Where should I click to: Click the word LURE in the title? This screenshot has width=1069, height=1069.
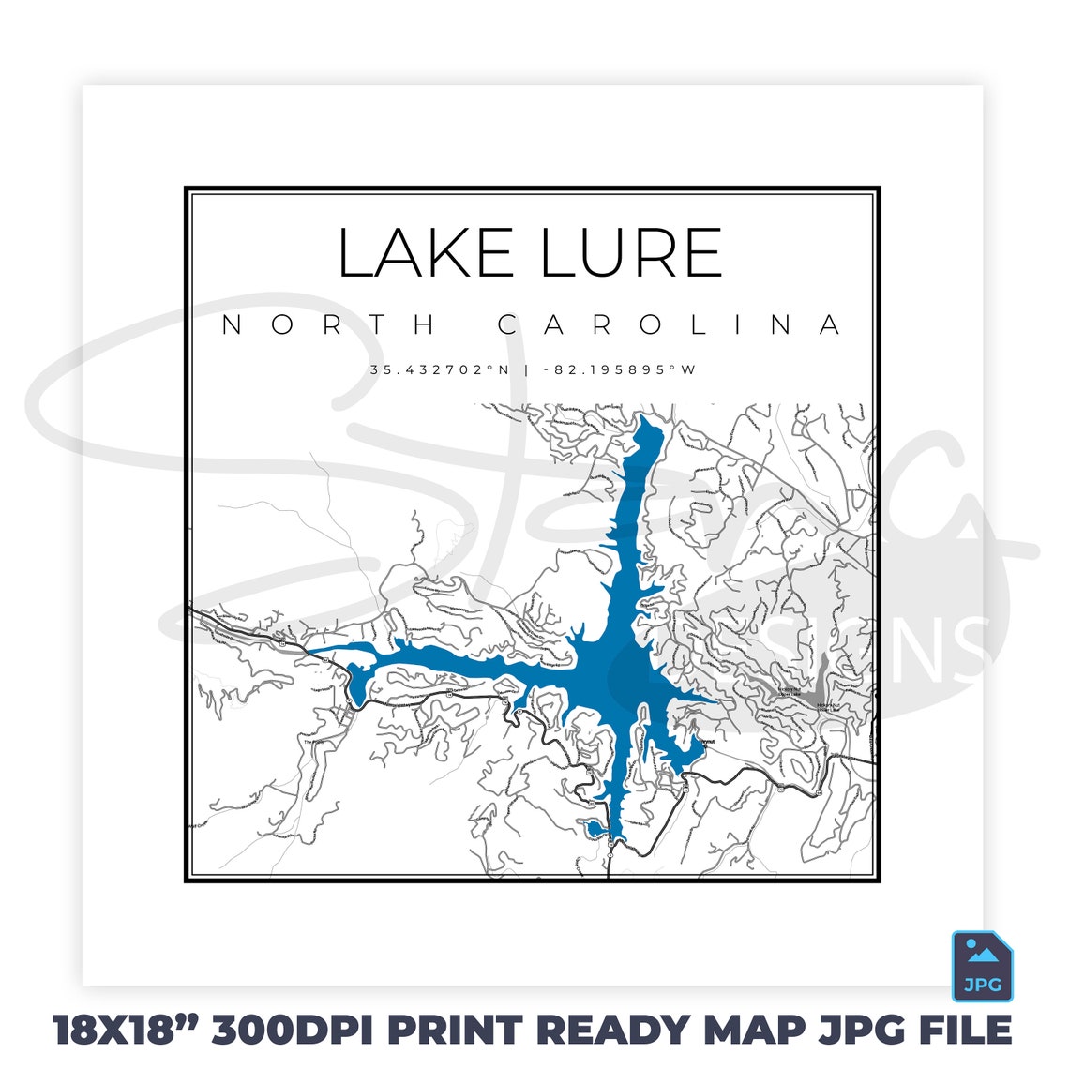tap(631, 253)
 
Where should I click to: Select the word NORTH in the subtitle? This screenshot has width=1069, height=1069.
tap(329, 325)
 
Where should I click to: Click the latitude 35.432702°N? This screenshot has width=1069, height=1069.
tap(439, 369)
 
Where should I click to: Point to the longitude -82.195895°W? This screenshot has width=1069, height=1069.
tap(620, 369)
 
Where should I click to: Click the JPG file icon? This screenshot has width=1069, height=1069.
tap(982, 966)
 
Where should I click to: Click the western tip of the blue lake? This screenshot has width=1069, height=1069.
tap(314, 650)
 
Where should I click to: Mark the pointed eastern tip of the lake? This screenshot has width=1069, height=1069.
tap(716, 700)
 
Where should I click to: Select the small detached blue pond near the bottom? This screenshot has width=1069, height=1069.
tap(595, 827)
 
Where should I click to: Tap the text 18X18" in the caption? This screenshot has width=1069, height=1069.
tap(126, 1030)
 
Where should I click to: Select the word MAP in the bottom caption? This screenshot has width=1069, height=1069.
tap(754, 1030)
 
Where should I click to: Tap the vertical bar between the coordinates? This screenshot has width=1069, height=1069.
tap(526, 369)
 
